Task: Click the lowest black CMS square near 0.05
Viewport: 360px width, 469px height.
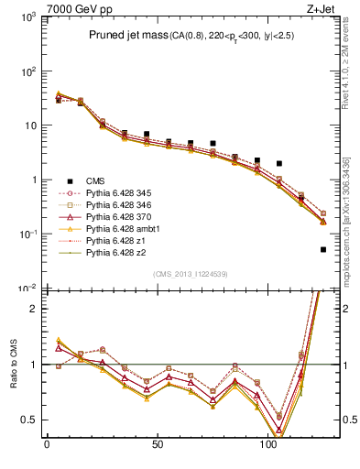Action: [x=323, y=249]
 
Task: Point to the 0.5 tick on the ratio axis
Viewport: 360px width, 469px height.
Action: [x=30, y=420]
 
